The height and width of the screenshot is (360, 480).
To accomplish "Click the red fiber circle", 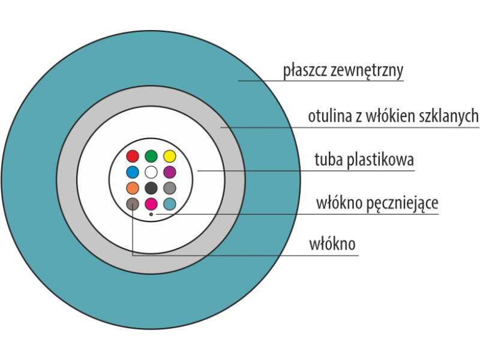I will [133, 157].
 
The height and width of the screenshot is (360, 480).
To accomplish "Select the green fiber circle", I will [151, 157].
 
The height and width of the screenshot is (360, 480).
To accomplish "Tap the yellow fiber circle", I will [170, 157].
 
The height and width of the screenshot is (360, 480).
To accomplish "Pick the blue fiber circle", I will [133, 172].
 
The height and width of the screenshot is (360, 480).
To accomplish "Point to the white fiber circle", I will [151, 172].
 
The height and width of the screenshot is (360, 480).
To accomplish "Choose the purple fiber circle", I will [170, 172].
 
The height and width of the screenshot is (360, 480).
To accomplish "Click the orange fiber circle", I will [133, 188].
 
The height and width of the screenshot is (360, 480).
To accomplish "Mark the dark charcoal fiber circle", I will [151, 188].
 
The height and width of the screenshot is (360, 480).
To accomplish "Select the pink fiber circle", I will [151, 203].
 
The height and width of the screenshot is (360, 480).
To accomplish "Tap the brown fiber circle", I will [133, 203].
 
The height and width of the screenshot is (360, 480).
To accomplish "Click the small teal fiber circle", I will [170, 203].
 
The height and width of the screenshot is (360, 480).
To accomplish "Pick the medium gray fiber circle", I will [170, 188].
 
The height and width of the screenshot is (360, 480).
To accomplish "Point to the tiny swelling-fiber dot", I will [151, 214].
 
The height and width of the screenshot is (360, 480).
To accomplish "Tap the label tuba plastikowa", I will [364, 160].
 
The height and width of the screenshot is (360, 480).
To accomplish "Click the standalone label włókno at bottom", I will [332, 245].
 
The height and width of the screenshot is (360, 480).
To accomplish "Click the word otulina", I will [329, 116].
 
